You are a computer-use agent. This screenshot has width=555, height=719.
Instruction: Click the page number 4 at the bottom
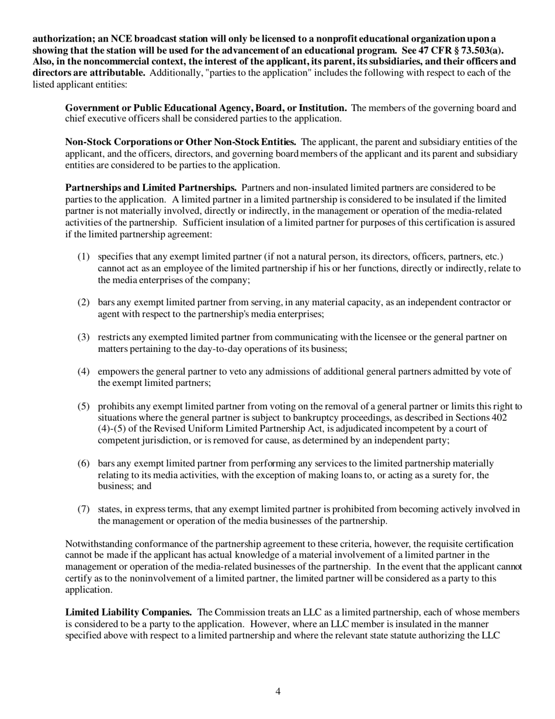pyautogui.click(x=277, y=692)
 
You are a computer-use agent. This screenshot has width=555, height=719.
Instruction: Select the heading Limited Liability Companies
pyautogui.click(x=129, y=612)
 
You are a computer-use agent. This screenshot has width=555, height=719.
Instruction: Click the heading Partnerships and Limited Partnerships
pyautogui.click(x=151, y=188)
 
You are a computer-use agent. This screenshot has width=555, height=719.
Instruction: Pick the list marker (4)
pyautogui.click(x=84, y=371)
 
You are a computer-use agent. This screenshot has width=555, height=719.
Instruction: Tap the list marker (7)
pyautogui.click(x=84, y=509)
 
